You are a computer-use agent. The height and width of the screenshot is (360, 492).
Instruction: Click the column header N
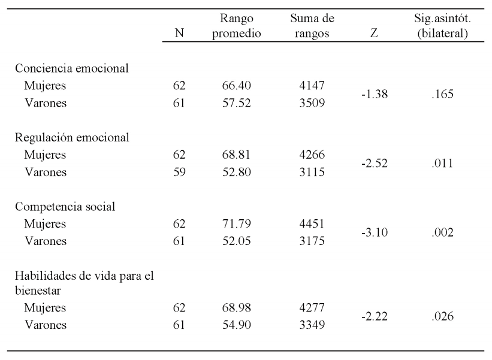click(x=179, y=34)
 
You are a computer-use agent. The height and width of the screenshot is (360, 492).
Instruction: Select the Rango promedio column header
click(x=240, y=27)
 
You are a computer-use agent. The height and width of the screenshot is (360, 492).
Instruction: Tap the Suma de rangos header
click(x=312, y=27)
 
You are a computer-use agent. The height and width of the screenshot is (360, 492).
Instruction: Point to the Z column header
click(x=375, y=34)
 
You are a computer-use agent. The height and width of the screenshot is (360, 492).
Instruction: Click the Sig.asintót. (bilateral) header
click(x=443, y=27)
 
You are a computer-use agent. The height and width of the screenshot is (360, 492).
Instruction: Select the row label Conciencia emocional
click(x=72, y=68)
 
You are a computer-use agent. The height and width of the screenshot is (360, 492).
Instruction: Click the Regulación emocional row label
click(x=72, y=137)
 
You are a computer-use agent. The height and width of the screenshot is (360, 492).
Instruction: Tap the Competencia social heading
click(x=65, y=207)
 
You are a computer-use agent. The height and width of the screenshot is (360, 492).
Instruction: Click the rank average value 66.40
click(x=240, y=86)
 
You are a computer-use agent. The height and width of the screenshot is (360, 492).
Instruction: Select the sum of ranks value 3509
click(x=312, y=103)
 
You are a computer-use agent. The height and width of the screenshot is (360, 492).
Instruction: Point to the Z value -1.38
click(x=375, y=94)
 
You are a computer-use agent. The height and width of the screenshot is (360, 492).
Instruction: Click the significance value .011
click(x=443, y=164)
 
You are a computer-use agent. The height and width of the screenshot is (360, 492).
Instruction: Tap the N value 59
click(x=179, y=173)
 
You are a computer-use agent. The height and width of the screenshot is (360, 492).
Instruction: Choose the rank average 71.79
click(x=240, y=225)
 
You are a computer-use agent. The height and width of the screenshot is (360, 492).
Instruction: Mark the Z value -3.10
click(x=375, y=233)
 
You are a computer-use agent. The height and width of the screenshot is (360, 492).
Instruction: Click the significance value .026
click(x=443, y=316)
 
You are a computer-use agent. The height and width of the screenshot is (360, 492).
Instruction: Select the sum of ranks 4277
click(x=312, y=308)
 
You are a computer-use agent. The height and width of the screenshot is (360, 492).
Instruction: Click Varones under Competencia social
click(x=46, y=242)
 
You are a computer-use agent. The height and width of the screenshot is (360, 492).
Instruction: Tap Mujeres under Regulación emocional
click(x=45, y=155)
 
